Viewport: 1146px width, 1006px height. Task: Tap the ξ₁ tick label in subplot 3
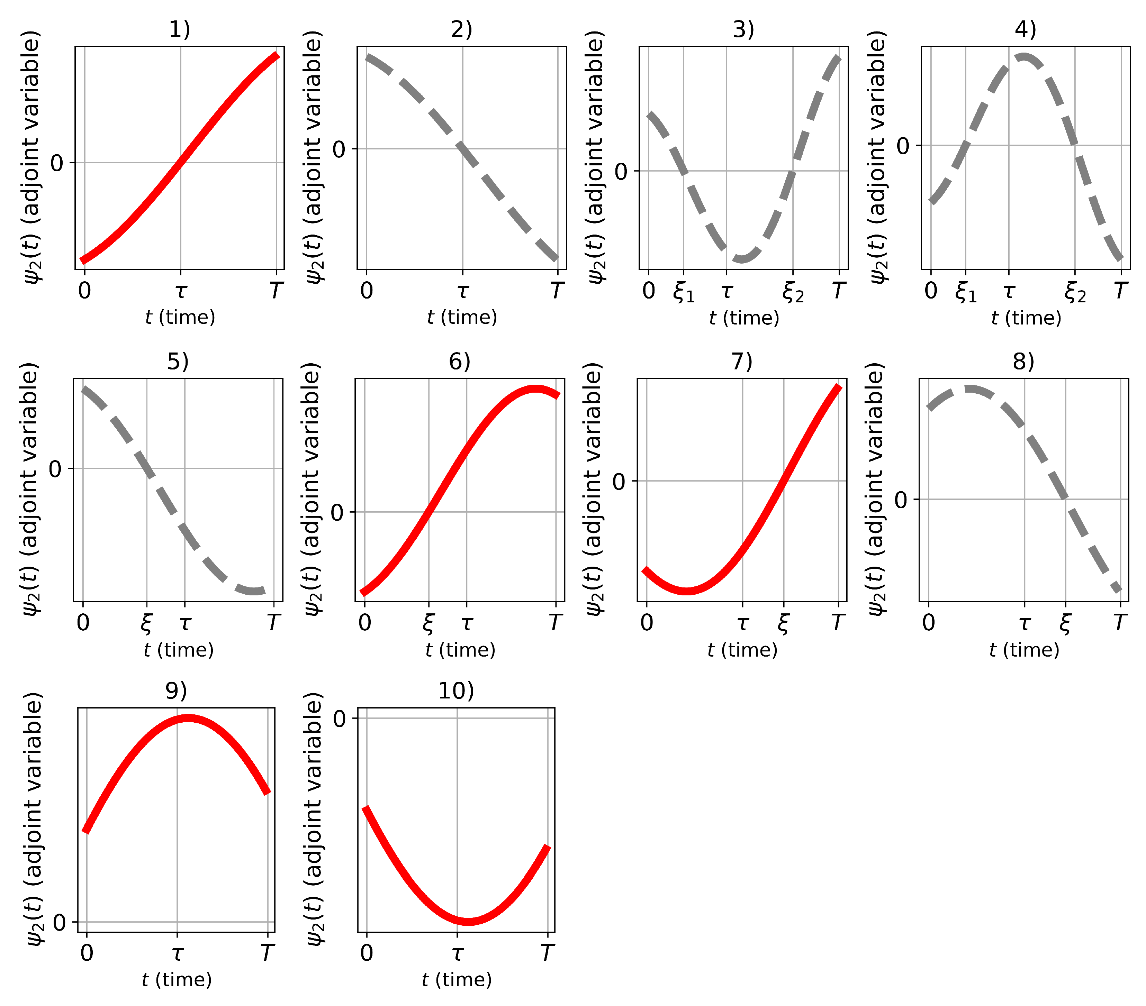(x=684, y=292)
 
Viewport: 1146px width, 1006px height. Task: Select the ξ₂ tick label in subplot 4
(x=1075, y=292)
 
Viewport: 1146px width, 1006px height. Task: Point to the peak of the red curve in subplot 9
(x=188, y=718)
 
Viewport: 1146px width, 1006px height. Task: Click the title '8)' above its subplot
(x=1023, y=362)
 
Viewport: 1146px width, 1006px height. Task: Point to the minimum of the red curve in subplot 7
(x=687, y=591)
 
